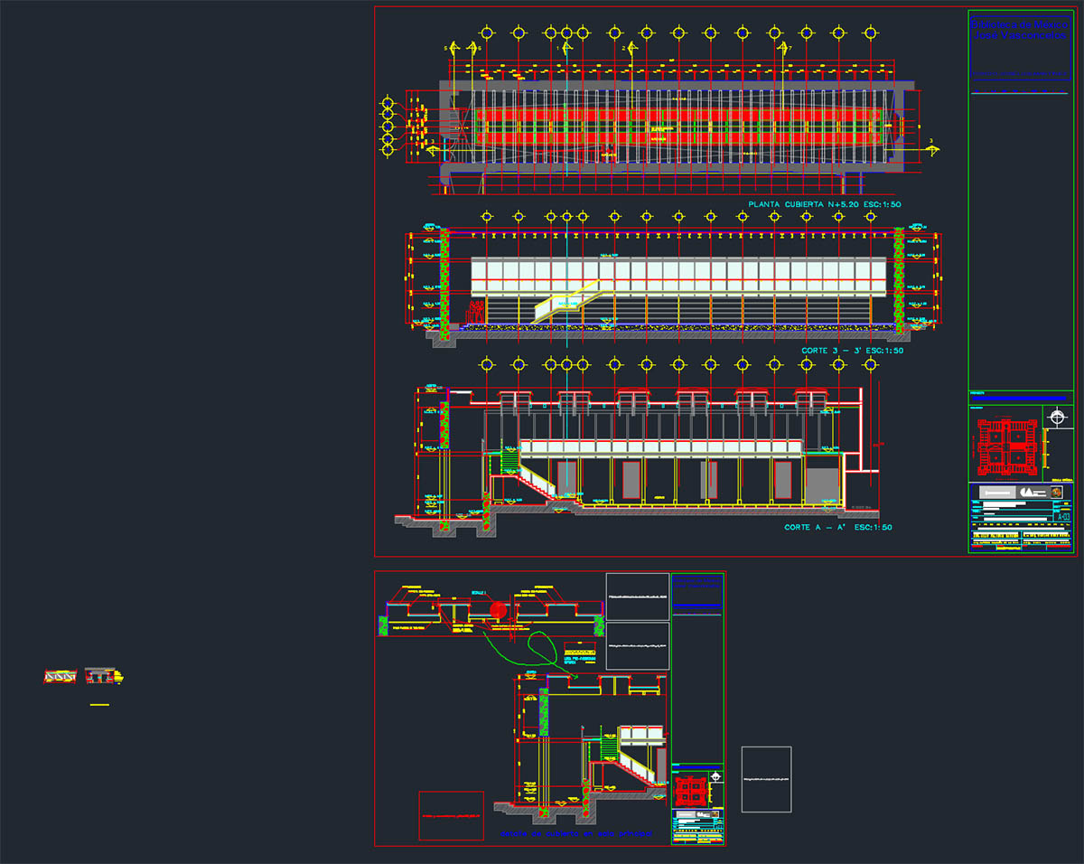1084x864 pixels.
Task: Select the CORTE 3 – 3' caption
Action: [852, 350]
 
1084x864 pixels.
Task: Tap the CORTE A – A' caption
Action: [838, 527]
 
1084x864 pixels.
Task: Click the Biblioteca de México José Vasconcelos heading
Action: [1019, 31]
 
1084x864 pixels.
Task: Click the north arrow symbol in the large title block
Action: [1058, 417]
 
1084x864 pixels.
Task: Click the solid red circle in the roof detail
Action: [499, 612]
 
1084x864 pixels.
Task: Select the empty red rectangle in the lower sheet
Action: [451, 815]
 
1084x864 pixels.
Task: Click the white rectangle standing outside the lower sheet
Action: [766, 779]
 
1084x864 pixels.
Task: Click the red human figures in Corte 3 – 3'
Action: [473, 314]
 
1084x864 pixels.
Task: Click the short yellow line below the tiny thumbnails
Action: [99, 704]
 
